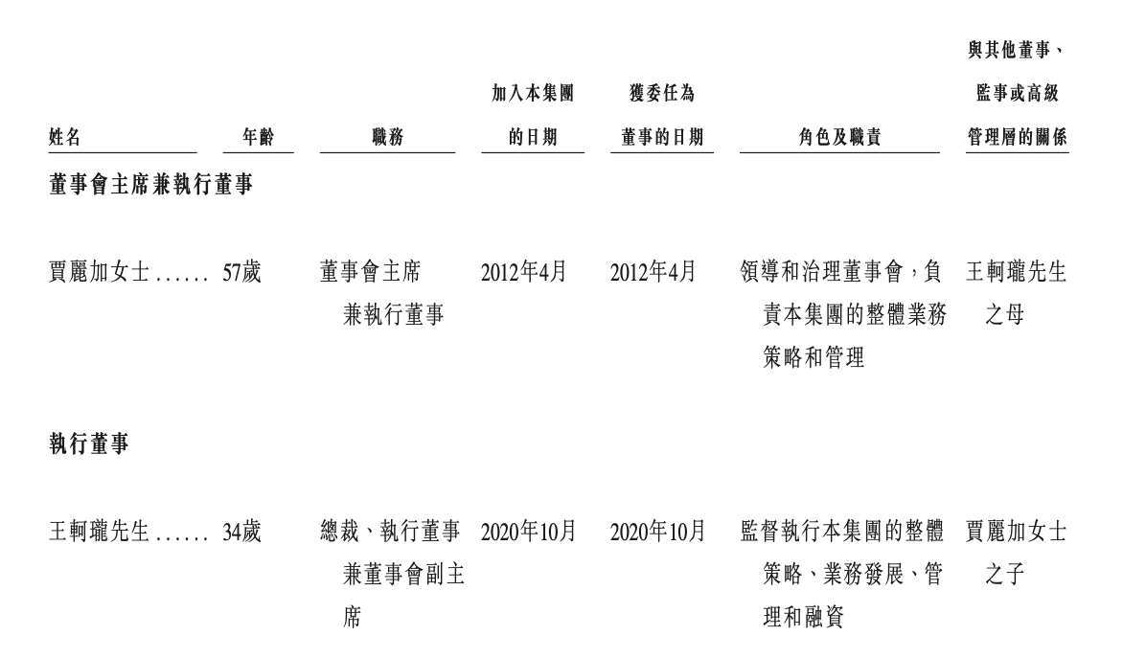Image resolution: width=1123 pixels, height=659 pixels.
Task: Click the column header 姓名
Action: pyautogui.click(x=64, y=136)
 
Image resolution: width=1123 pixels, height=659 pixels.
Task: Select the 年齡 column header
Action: pyautogui.click(x=258, y=136)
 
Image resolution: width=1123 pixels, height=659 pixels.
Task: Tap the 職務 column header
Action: pyautogui.click(x=387, y=136)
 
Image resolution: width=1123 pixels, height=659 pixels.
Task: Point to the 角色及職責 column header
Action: pyautogui.click(x=839, y=136)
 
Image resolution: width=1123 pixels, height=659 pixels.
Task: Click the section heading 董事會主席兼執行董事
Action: pyautogui.click(x=150, y=185)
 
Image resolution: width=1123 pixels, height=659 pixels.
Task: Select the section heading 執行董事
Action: pyautogui.click(x=89, y=443)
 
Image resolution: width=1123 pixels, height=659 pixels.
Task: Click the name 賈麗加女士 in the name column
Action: pyautogui.click(x=99, y=272)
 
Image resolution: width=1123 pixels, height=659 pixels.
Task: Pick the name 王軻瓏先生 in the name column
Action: pyautogui.click(x=99, y=532)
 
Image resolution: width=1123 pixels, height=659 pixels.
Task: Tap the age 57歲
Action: pyautogui.click(x=242, y=272)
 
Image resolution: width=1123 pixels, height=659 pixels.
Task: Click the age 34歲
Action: pyautogui.click(x=242, y=532)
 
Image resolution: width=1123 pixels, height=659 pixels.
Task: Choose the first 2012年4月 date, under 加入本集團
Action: pyautogui.click(x=524, y=272)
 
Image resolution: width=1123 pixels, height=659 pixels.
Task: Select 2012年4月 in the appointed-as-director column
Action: pyautogui.click(x=653, y=272)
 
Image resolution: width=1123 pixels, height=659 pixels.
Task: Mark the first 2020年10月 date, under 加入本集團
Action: pyautogui.click(x=529, y=532)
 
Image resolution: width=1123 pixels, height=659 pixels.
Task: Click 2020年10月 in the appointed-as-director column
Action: pyautogui.click(x=658, y=532)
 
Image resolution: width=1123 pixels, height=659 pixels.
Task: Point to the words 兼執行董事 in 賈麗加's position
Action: pyautogui.click(x=393, y=314)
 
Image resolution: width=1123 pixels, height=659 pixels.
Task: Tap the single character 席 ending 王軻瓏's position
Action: pyautogui.click(x=353, y=617)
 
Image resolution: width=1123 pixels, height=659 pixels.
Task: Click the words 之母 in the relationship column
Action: pyautogui.click(x=1004, y=314)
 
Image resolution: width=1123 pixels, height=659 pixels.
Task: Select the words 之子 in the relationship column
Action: pyautogui.click(x=1004, y=574)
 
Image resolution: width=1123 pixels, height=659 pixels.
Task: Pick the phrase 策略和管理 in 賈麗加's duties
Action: pyautogui.click(x=814, y=356)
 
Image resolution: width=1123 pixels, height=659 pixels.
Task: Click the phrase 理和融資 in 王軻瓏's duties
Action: pyautogui.click(x=804, y=617)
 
